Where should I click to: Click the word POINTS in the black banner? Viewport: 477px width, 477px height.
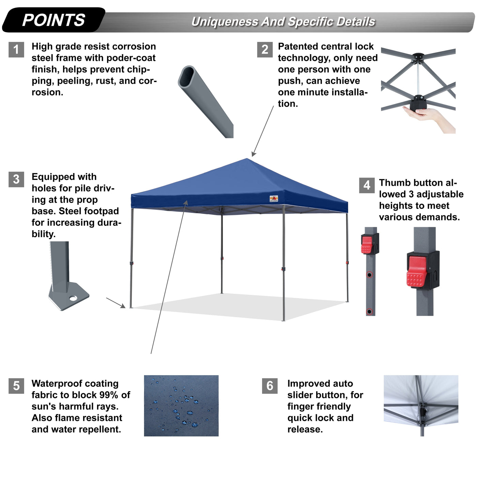coord(53,20)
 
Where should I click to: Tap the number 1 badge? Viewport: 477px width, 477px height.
coord(16,50)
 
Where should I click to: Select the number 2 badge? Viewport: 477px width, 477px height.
coord(265,50)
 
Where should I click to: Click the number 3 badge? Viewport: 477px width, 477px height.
coord(16,179)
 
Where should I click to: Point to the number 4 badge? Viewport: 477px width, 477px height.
coord(367,185)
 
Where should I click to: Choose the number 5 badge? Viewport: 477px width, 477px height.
coord(16,386)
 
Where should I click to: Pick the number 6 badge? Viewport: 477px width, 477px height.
coord(270,386)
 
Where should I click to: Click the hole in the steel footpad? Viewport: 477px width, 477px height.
coord(73,298)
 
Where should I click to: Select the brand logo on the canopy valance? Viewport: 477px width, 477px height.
coord(274,199)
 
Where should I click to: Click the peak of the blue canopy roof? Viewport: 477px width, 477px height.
coord(247,159)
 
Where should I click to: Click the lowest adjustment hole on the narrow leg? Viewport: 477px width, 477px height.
coord(369,311)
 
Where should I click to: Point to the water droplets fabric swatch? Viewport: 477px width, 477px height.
coord(181,405)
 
